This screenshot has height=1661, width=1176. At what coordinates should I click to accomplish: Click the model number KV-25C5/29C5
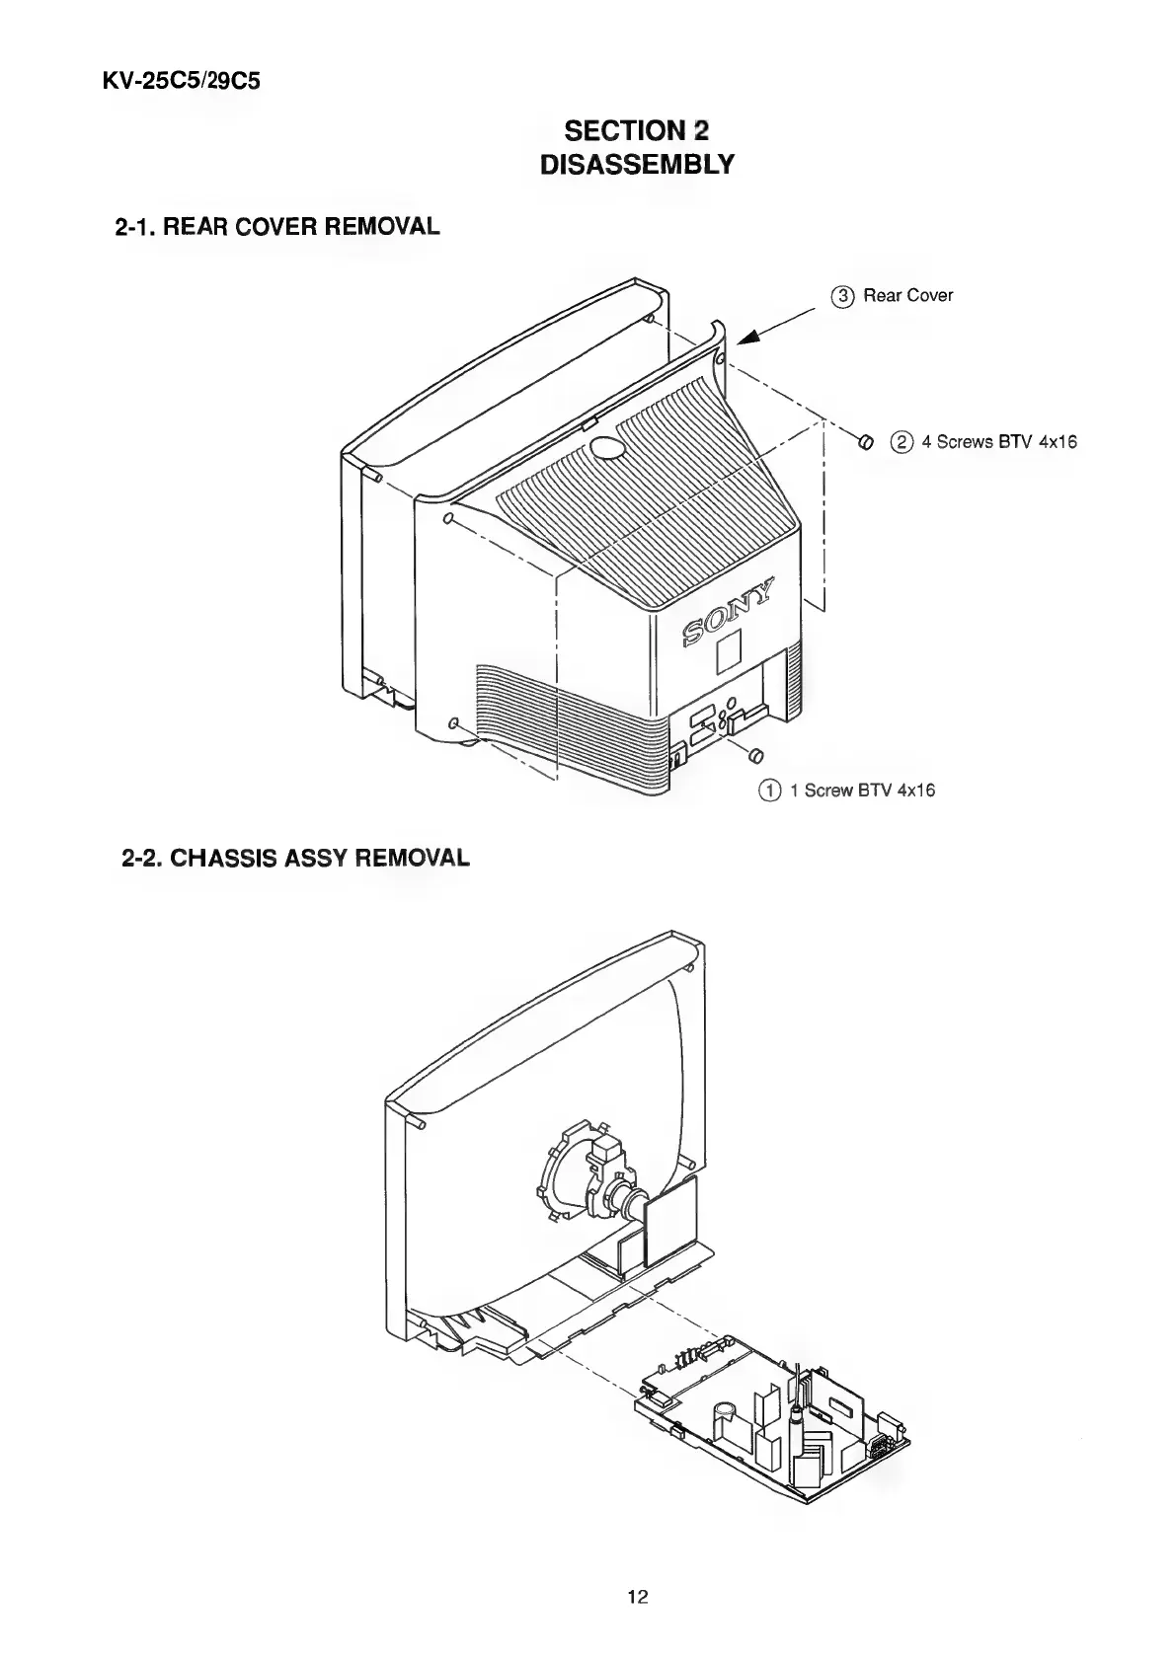click(181, 79)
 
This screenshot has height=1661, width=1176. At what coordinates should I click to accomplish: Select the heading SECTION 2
click(637, 130)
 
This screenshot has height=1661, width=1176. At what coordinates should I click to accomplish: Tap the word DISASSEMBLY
click(637, 164)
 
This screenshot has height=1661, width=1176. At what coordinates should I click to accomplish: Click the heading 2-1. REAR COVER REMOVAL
click(277, 227)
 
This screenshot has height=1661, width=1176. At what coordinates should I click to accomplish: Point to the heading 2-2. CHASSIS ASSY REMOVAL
click(295, 858)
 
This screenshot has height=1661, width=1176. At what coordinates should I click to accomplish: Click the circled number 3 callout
click(841, 296)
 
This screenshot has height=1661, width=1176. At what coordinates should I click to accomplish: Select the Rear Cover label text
click(907, 296)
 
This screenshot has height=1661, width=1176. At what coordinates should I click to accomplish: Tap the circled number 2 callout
click(901, 442)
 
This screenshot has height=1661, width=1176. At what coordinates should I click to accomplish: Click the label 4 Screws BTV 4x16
click(997, 442)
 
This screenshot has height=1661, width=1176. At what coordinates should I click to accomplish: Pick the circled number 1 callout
click(767, 790)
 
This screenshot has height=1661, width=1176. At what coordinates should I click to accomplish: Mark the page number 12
click(637, 1597)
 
